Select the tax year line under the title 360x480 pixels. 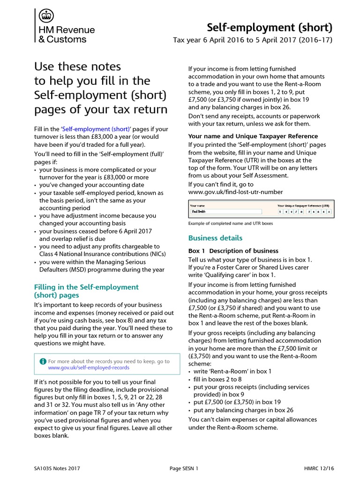click(x=253, y=40)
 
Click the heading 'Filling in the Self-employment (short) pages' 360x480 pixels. click(x=87, y=291)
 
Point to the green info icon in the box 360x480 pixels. click(x=43, y=361)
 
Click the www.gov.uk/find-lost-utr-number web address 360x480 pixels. click(x=235, y=192)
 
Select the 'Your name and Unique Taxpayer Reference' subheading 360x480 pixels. click(x=253, y=136)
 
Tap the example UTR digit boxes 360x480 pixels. click(x=305, y=211)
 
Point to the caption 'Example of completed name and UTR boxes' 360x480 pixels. click(x=230, y=224)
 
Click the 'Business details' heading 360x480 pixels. click(x=215, y=238)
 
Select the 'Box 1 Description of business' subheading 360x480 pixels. click(x=233, y=251)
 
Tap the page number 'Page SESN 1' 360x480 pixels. click(x=184, y=468)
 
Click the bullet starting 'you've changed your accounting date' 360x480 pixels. click(x=92, y=185)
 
